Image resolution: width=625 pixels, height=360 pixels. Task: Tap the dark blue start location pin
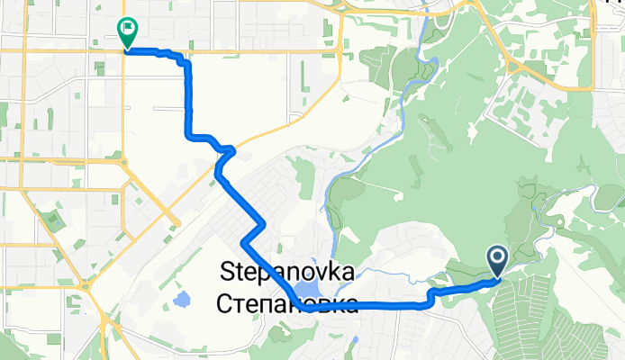point(497,262)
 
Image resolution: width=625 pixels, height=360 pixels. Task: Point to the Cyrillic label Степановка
point(286,303)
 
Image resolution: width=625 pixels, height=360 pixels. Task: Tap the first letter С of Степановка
point(225,303)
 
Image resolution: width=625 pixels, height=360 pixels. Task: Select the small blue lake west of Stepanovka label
point(182,297)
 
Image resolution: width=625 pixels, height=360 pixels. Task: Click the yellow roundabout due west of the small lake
point(91,286)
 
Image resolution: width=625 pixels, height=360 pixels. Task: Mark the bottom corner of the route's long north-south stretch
point(189,136)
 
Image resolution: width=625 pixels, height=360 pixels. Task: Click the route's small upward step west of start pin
point(431,295)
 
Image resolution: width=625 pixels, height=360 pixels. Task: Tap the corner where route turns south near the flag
point(186,61)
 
